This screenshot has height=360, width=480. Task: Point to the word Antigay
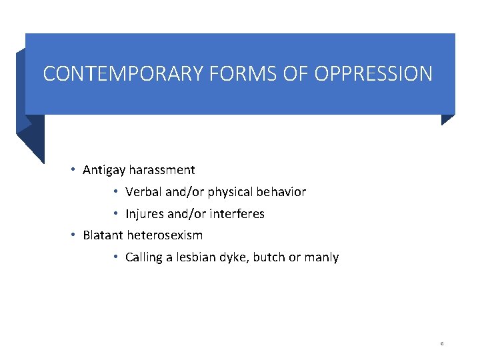click(104, 171)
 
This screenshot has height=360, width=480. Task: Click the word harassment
click(162, 170)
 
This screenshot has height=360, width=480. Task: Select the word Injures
click(145, 214)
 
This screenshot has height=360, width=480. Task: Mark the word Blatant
click(103, 235)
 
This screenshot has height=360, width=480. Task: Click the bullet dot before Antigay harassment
click(73, 170)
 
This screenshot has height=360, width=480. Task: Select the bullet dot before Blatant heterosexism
click(73, 235)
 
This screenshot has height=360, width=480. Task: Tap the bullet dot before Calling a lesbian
click(115, 257)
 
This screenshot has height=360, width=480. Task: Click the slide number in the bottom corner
click(442, 343)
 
